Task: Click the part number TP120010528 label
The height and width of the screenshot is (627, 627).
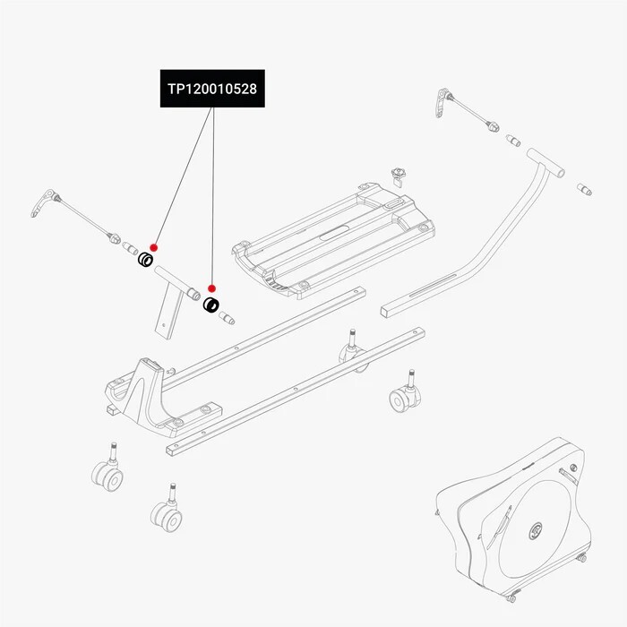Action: [212, 90]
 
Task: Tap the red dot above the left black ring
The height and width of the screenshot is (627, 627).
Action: [154, 246]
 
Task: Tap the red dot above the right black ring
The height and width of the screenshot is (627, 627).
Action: [212, 288]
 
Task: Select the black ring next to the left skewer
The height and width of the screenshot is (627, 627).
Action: [143, 261]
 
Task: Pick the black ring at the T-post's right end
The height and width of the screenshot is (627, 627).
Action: [212, 305]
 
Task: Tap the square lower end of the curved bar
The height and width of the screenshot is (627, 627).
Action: [387, 312]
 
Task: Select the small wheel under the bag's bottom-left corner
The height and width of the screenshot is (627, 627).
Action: [511, 598]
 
